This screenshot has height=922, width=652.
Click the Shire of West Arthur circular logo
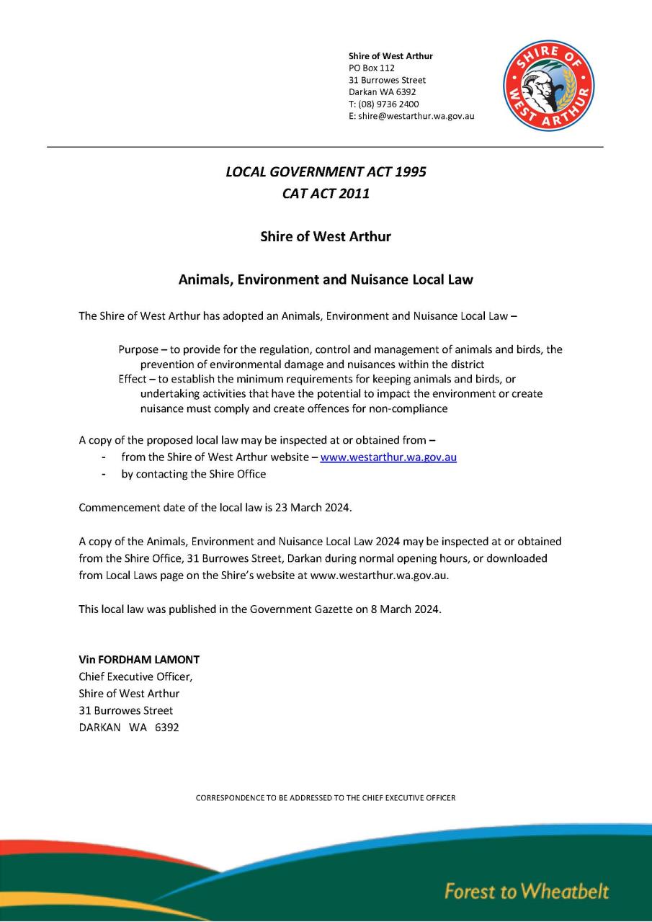tap(548, 86)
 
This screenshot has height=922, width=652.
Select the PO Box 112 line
tap(372, 68)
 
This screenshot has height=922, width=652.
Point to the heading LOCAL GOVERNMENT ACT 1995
tap(326, 171)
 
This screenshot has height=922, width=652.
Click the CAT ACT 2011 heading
tap(326, 193)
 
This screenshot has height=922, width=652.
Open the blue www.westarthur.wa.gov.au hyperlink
tap(388, 457)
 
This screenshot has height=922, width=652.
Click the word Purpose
tap(138, 349)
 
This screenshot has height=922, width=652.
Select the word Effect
tap(133, 379)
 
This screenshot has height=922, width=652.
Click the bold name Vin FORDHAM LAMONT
tap(139, 659)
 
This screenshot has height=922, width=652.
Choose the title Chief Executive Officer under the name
tap(135, 676)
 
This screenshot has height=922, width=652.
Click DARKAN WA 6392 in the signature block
tap(129, 728)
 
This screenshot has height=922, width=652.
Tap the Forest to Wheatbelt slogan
tap(527, 891)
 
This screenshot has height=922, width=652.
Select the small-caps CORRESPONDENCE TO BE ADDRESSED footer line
tap(326, 798)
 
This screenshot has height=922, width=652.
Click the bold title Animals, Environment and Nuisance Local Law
tap(326, 279)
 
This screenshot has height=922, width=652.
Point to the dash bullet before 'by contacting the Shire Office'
tap(105, 474)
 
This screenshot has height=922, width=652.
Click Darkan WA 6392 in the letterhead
tap(382, 92)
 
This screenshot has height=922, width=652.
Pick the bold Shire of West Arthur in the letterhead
tap(390, 55)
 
